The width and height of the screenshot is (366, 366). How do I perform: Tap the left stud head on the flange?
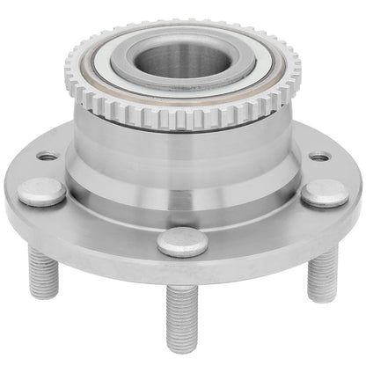tap(41, 190)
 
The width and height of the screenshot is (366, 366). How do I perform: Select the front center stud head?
tap(182, 240)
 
